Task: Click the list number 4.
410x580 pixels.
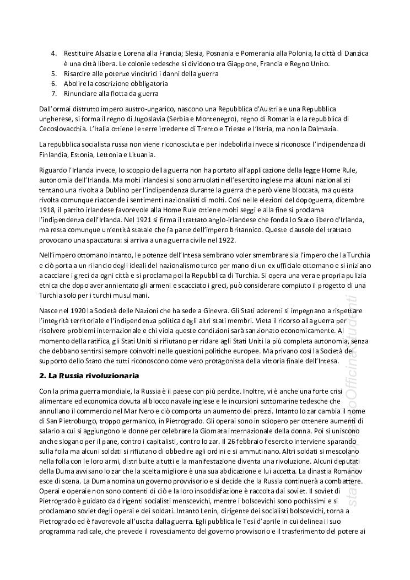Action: tap(53, 53)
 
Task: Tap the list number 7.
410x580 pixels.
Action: tap(53, 94)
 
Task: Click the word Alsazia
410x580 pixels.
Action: tap(104, 53)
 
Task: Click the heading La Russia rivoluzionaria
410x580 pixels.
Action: tap(90, 375)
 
